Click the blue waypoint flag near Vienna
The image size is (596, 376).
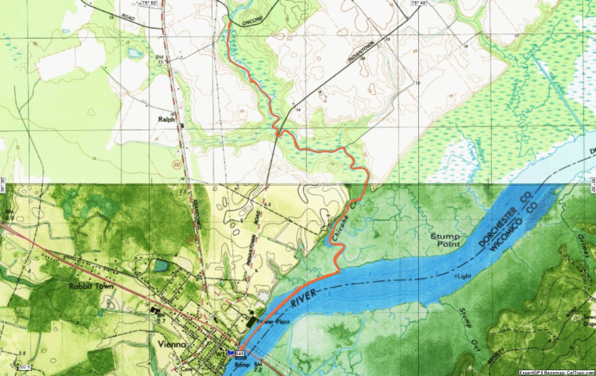[231, 353]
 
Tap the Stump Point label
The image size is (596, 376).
[445, 240]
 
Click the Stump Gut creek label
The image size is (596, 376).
[468, 329]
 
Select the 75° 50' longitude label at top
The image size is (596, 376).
[150, 3]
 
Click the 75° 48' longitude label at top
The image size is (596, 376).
[418, 3]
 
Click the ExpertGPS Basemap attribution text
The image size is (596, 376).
[556, 372]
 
